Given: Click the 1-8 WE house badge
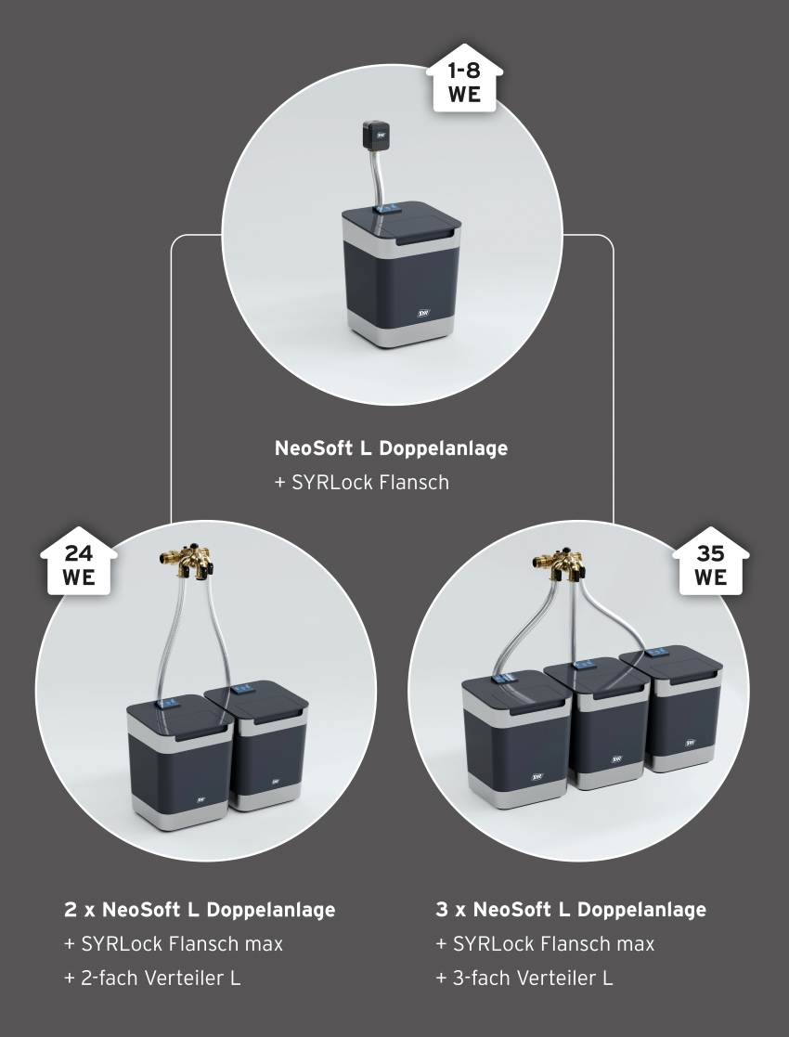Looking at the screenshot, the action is click(x=464, y=79).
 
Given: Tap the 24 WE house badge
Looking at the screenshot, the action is click(x=79, y=562).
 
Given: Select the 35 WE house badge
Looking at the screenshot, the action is click(x=710, y=562).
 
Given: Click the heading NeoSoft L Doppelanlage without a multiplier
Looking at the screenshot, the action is click(x=391, y=447).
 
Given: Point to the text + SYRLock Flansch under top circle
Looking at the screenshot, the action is click(x=362, y=482).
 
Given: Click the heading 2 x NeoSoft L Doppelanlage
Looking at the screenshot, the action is click(x=200, y=910).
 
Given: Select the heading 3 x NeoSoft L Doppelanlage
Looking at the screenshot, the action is click(x=571, y=910).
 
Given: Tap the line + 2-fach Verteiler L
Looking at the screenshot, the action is click(x=152, y=978).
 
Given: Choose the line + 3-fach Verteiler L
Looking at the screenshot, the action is click(x=524, y=978).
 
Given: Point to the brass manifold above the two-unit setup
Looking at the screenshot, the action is click(x=188, y=560).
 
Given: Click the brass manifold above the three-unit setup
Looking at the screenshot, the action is click(x=560, y=560).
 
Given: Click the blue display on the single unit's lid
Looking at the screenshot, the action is click(x=385, y=208).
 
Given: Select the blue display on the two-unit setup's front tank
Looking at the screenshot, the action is click(x=168, y=701).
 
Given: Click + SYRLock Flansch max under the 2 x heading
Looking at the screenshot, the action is click(x=174, y=944).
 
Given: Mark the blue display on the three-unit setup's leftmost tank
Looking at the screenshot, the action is click(x=504, y=678).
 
